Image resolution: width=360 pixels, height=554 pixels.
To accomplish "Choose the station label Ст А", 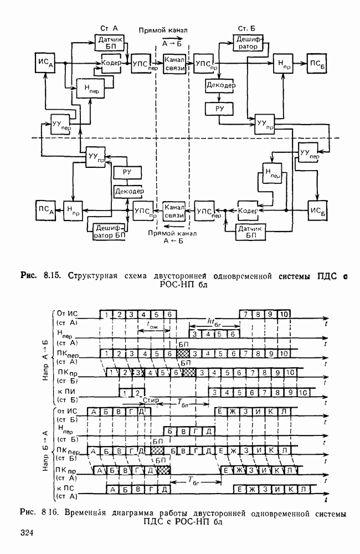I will point(109,28).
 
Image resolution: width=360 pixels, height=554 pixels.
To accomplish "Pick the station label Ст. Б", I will point(245,28).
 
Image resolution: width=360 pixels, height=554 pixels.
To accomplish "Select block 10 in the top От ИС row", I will point(283,314).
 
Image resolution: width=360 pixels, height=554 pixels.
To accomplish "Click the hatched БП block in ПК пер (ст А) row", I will point(183,353).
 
